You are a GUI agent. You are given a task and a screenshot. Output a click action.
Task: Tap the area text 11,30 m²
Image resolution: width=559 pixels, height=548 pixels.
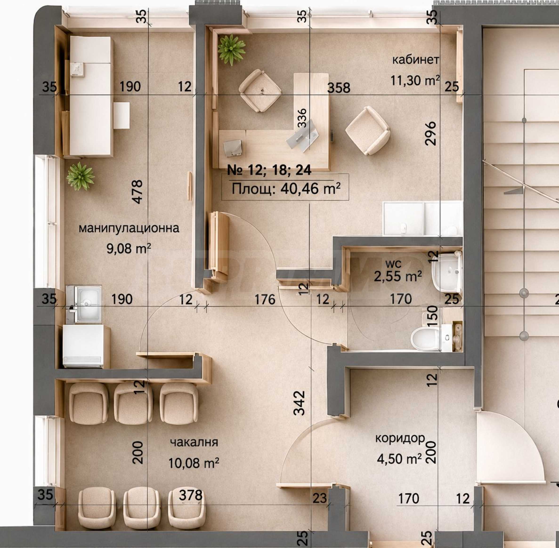point(415,80)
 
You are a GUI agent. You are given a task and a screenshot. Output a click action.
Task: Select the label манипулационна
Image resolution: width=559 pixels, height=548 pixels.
point(129,228)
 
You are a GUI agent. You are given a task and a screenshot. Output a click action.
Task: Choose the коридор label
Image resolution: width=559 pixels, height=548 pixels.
point(400,438)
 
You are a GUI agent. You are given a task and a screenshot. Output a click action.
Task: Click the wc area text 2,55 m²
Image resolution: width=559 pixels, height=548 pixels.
point(398,276)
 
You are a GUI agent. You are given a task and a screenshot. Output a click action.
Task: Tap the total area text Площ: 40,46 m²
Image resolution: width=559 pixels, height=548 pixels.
point(286,189)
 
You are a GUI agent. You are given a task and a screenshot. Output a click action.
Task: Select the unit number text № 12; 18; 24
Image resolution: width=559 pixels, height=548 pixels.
point(269,170)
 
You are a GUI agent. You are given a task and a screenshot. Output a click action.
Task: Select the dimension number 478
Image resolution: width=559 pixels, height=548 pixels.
point(138,192)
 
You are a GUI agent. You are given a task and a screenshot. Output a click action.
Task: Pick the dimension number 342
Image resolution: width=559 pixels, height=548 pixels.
point(299,403)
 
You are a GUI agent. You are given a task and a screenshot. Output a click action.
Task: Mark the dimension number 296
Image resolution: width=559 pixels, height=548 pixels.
point(431,133)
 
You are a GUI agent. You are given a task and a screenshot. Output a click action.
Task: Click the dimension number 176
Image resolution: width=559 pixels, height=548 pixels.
point(265,300)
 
